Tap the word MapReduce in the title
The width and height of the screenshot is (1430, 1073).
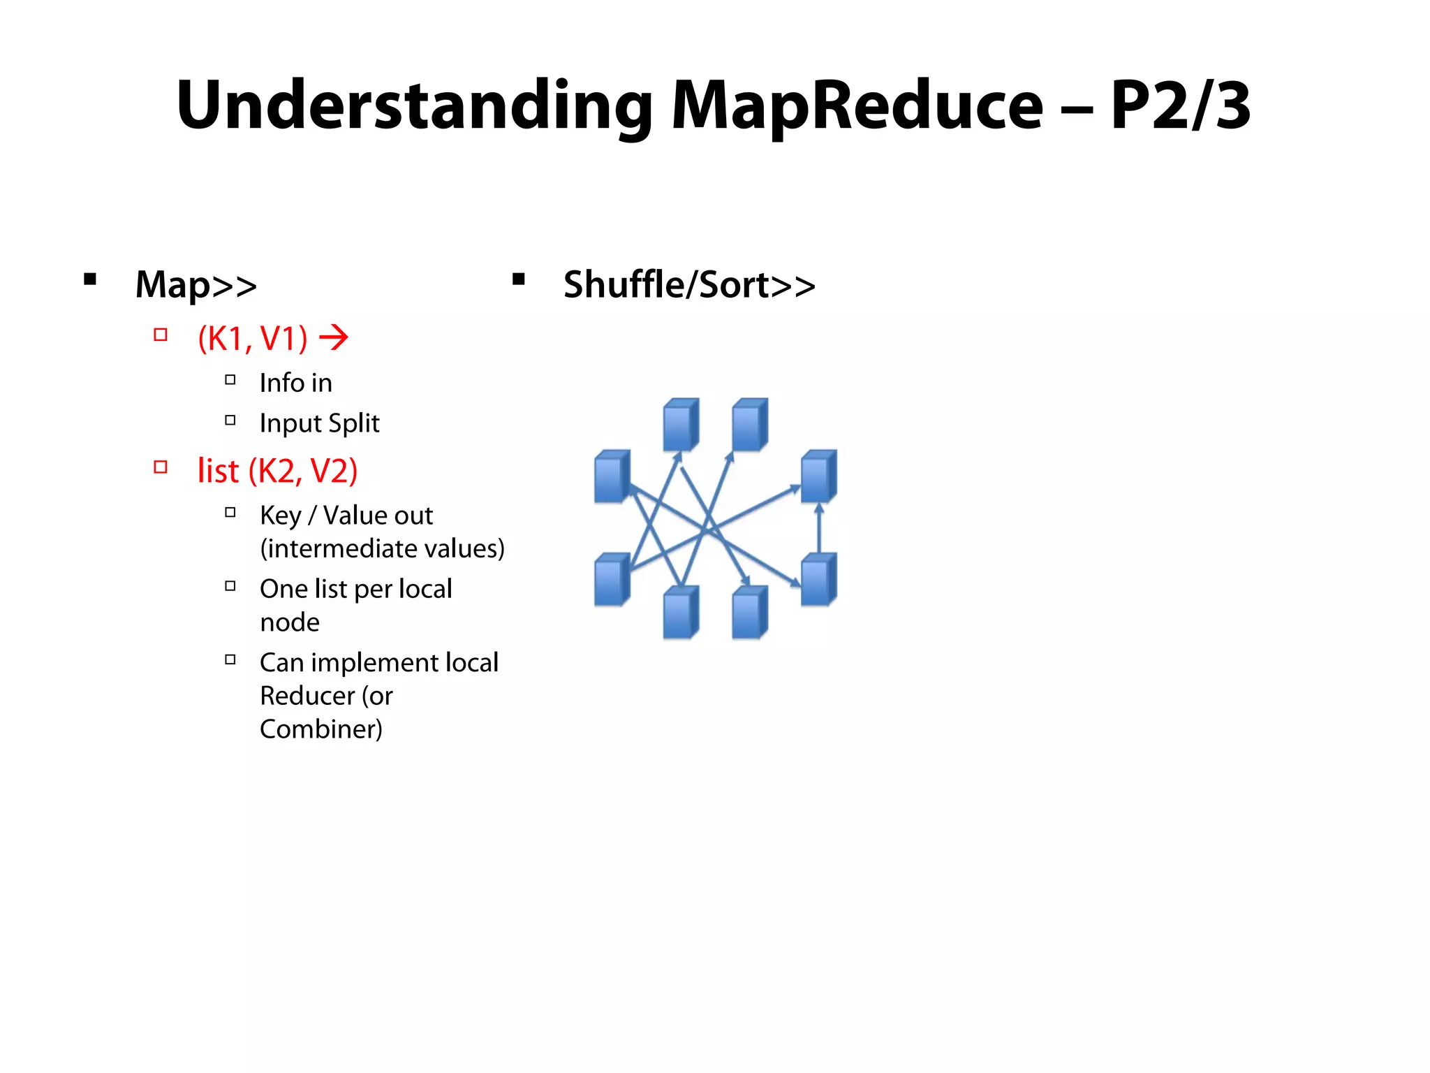coord(857,106)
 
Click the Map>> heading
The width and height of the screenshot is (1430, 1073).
coord(196,285)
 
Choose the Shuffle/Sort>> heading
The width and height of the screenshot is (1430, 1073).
coord(689,285)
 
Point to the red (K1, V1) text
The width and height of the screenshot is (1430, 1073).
coord(253,339)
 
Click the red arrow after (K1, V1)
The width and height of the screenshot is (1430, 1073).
coord(334,338)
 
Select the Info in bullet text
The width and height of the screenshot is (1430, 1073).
coord(295,383)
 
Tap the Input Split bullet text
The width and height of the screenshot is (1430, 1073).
coord(319,423)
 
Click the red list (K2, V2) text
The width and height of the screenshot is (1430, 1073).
coord(277,471)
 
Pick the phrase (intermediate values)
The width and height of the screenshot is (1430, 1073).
coord(382,549)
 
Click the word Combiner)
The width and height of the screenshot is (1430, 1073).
coord(320,729)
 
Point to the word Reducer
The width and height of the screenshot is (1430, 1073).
coord(307,696)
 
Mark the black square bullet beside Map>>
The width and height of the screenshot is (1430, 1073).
coord(90,280)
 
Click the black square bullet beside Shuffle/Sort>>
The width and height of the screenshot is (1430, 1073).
coord(518,280)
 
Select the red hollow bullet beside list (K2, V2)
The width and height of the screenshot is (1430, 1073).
coord(161,467)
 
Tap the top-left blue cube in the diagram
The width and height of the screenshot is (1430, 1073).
coord(680,425)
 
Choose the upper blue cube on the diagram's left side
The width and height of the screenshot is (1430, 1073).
coord(612,476)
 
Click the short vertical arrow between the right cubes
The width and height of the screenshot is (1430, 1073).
coord(819,528)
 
